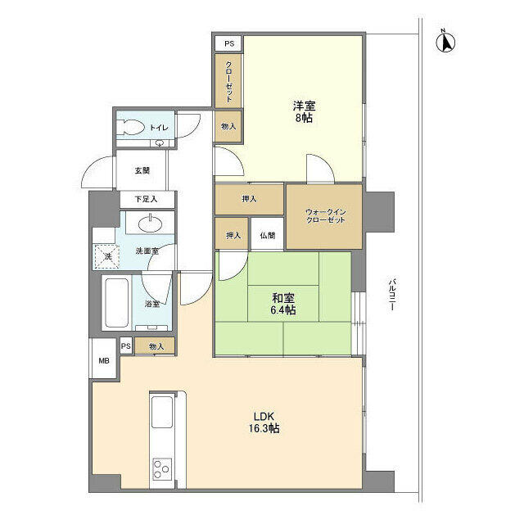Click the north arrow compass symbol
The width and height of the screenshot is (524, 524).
(446, 42)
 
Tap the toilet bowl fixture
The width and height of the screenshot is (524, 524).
(131, 128)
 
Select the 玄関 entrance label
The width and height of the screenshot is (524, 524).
(142, 170)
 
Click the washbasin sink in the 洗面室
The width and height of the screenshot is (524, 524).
(151, 223)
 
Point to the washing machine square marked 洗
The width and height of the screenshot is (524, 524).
(107, 256)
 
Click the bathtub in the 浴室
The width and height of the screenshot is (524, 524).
(116, 303)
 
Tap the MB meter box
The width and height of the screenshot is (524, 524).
(104, 360)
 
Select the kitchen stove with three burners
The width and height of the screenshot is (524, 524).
(162, 469)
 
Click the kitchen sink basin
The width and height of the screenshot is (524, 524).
(162, 412)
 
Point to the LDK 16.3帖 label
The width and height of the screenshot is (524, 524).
(264, 422)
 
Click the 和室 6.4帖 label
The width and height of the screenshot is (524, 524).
(283, 304)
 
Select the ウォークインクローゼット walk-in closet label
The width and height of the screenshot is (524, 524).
(325, 216)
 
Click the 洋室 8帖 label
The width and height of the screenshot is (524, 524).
(304, 111)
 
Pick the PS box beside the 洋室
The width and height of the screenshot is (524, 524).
(229, 43)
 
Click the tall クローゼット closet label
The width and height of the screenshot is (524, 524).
(229, 81)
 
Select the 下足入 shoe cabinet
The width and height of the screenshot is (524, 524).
(147, 200)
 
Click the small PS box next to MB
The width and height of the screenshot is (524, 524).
(125, 346)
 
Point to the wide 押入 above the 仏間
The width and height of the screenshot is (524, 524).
(249, 199)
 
